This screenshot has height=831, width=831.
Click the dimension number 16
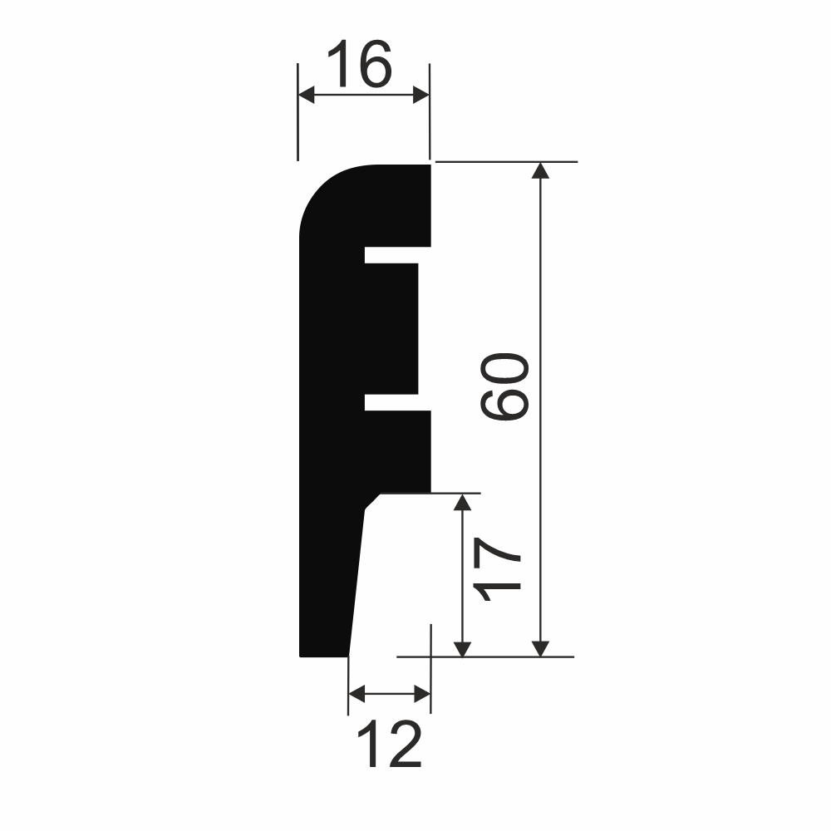360,63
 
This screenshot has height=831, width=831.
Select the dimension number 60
504,387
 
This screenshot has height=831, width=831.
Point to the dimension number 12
390,743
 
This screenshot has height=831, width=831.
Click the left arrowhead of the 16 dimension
307,95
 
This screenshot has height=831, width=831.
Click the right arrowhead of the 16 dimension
420,95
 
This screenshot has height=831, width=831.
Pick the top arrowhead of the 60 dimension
540,170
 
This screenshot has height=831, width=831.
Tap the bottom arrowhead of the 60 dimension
540,649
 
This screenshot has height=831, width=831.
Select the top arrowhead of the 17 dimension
462,502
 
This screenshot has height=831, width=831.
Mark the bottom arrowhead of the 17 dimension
462,649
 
